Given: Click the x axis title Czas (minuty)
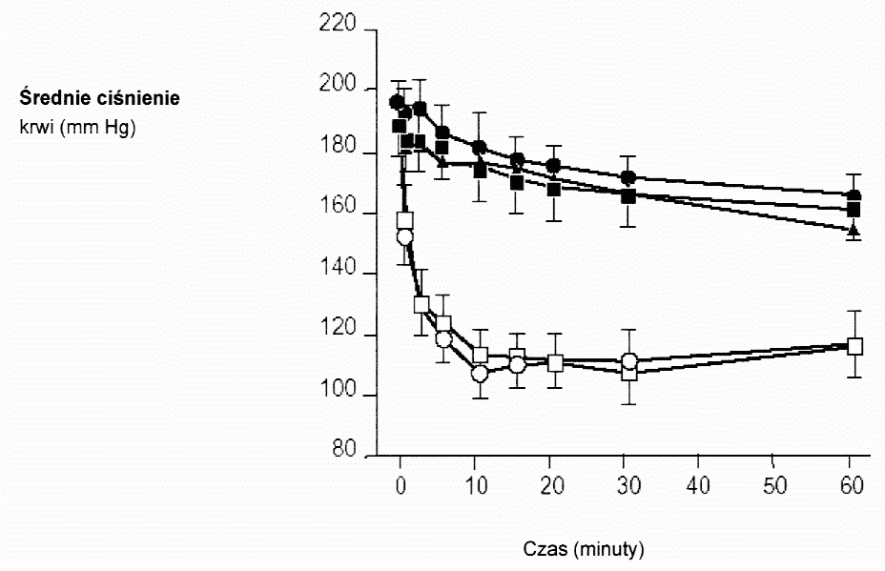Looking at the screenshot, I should point(585,549).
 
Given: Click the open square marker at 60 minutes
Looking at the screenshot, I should point(854,346).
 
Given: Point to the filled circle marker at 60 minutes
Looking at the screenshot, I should point(854,195).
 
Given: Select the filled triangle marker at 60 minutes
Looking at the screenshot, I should point(854,231).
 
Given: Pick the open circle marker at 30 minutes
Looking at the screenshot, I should point(629,361).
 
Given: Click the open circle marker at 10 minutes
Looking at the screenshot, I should point(480,374).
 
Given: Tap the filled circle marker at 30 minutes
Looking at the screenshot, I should point(628,178).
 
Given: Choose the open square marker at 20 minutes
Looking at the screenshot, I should point(555,362).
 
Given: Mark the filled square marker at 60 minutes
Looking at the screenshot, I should point(854,210).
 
